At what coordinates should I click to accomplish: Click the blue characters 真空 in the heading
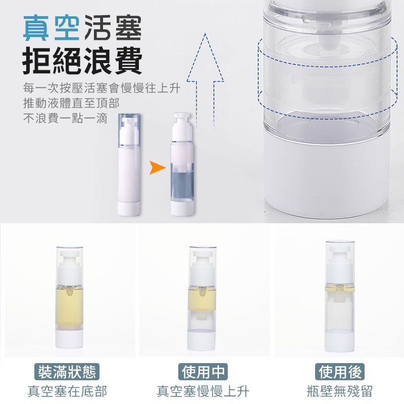[51, 28]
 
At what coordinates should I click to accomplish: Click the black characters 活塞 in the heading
[113, 28]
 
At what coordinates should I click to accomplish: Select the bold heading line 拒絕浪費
[82, 61]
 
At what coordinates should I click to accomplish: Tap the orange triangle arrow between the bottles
[157, 168]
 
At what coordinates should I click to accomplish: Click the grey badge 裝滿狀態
[67, 372]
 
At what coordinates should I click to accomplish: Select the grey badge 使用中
[203, 372]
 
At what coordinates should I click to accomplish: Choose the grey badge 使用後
[340, 372]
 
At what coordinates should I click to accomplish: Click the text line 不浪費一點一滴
[65, 119]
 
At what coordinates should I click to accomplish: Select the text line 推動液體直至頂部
[71, 103]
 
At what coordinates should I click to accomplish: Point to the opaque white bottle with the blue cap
[129, 165]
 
